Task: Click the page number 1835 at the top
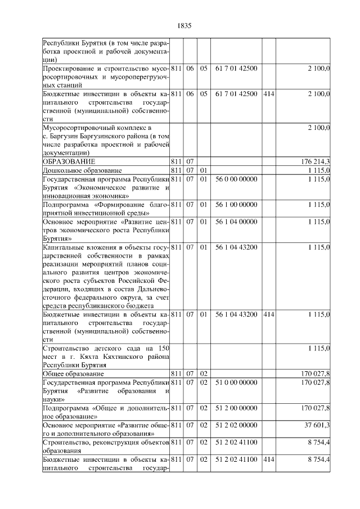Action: click(x=184, y=25)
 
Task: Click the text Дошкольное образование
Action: click(x=83, y=170)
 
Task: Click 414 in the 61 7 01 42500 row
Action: click(x=269, y=94)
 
